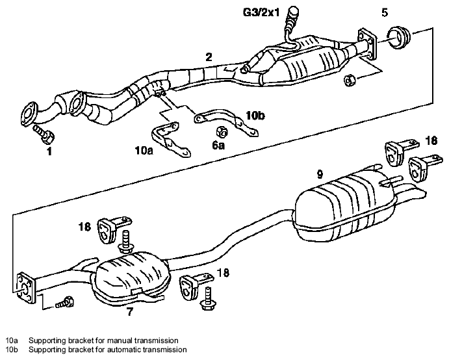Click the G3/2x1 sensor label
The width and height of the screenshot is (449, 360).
point(261,12)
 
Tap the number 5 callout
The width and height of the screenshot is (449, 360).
point(385,12)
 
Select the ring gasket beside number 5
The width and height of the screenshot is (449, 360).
point(398,37)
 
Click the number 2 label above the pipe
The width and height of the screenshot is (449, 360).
point(209,57)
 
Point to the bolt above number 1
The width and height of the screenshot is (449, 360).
point(44,134)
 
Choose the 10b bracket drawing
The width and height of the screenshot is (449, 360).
point(226,122)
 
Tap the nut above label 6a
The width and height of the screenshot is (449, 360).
point(222,132)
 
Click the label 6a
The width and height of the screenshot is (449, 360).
point(218,146)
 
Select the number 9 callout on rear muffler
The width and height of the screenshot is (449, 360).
point(320,174)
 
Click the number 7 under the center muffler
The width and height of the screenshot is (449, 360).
point(130,312)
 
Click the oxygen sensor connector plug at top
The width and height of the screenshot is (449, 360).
point(294,14)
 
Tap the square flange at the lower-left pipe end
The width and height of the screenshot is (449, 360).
point(27,288)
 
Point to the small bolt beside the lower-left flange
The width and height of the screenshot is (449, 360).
point(65,302)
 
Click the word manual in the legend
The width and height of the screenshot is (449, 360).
point(120,341)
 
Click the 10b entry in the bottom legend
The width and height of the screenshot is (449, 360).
point(12,350)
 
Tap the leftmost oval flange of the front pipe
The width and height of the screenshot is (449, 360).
point(29,113)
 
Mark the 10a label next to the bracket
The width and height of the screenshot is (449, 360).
point(144,150)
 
